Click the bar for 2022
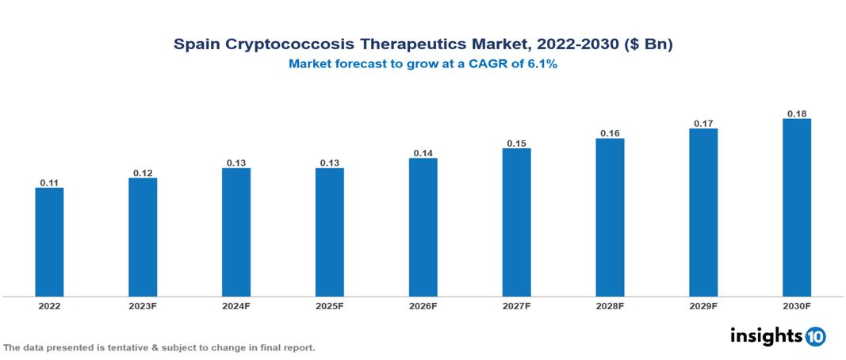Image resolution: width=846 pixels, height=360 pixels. pos(49,242)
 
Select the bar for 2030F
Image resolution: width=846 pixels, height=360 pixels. pos(797,208)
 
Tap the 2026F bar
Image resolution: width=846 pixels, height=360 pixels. pos(423,227)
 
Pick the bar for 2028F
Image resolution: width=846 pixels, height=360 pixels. pos(610,217)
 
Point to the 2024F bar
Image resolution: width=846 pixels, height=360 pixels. pos(236,232)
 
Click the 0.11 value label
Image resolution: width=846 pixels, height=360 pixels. pos(49,182)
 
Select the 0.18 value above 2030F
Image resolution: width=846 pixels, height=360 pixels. pos(797,113)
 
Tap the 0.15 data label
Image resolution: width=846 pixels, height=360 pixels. pos(516,143)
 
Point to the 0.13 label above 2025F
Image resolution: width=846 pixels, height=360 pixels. pos(330,163)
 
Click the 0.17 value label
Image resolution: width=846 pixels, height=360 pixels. pos(703,123)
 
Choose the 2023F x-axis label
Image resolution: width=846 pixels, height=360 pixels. pos(143,305)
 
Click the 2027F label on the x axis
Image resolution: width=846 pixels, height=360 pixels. pos(516,305)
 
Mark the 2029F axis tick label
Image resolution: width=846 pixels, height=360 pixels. pos(703,305)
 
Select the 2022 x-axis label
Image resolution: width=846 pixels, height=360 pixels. pos(49,305)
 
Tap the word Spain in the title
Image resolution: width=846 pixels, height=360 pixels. pos(194,45)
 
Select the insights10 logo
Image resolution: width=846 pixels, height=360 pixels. pos(777,336)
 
